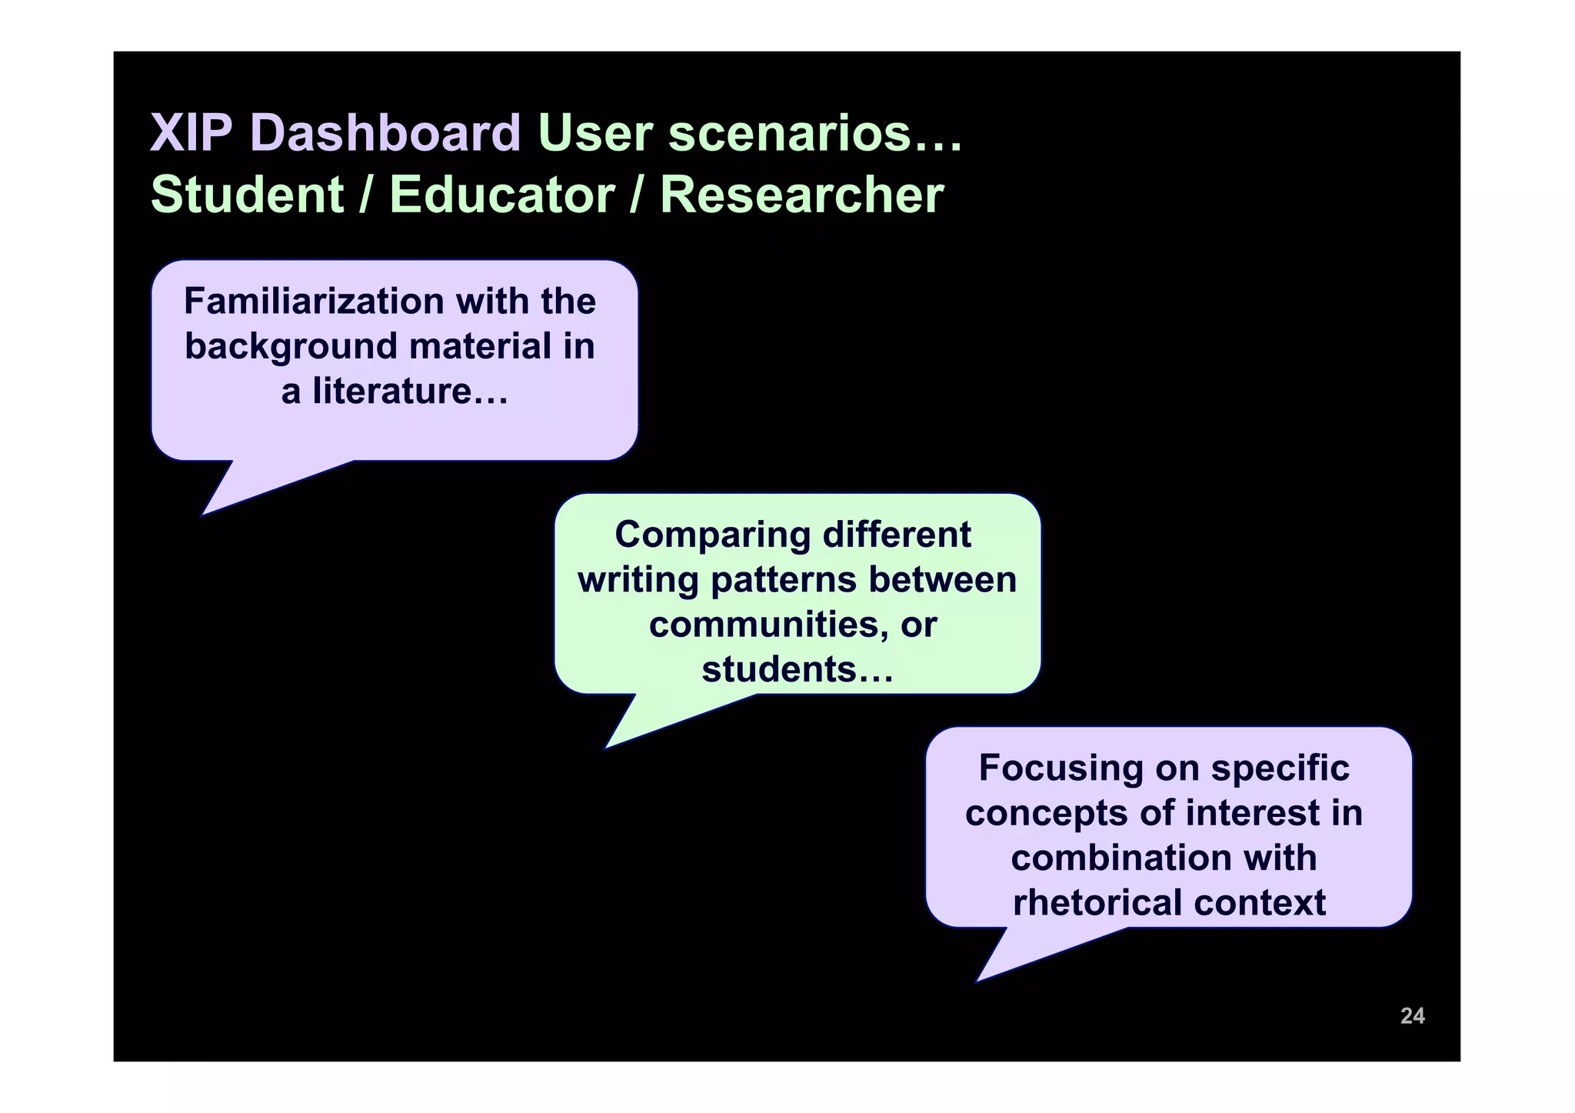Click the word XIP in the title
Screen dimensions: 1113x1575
(x=191, y=133)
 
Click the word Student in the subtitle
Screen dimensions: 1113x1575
(x=247, y=195)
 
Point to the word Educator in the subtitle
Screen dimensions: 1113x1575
(x=501, y=195)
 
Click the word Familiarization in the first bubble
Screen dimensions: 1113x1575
(x=315, y=301)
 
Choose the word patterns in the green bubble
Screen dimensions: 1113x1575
(x=783, y=579)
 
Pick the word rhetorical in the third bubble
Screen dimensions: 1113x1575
(x=1097, y=903)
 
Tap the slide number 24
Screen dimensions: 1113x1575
(x=1412, y=1016)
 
